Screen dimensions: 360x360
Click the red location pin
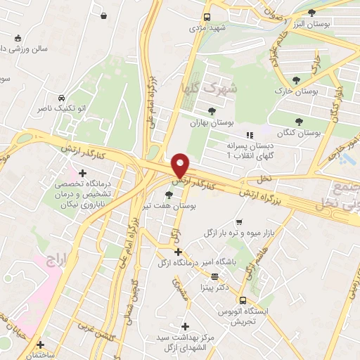[181, 165]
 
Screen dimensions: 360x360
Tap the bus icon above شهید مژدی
[207, 18]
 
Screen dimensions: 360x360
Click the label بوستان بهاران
[211, 122]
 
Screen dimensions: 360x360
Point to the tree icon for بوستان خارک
[296, 80]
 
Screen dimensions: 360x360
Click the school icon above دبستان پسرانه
[247, 135]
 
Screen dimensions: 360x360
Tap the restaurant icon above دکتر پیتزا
[214, 276]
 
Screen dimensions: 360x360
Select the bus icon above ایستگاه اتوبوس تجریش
[242, 300]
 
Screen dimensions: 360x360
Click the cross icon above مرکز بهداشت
[186, 326]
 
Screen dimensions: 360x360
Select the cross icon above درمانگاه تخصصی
[82, 172]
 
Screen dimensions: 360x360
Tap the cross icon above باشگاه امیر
[179, 252]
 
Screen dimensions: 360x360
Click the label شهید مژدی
[207, 30]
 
